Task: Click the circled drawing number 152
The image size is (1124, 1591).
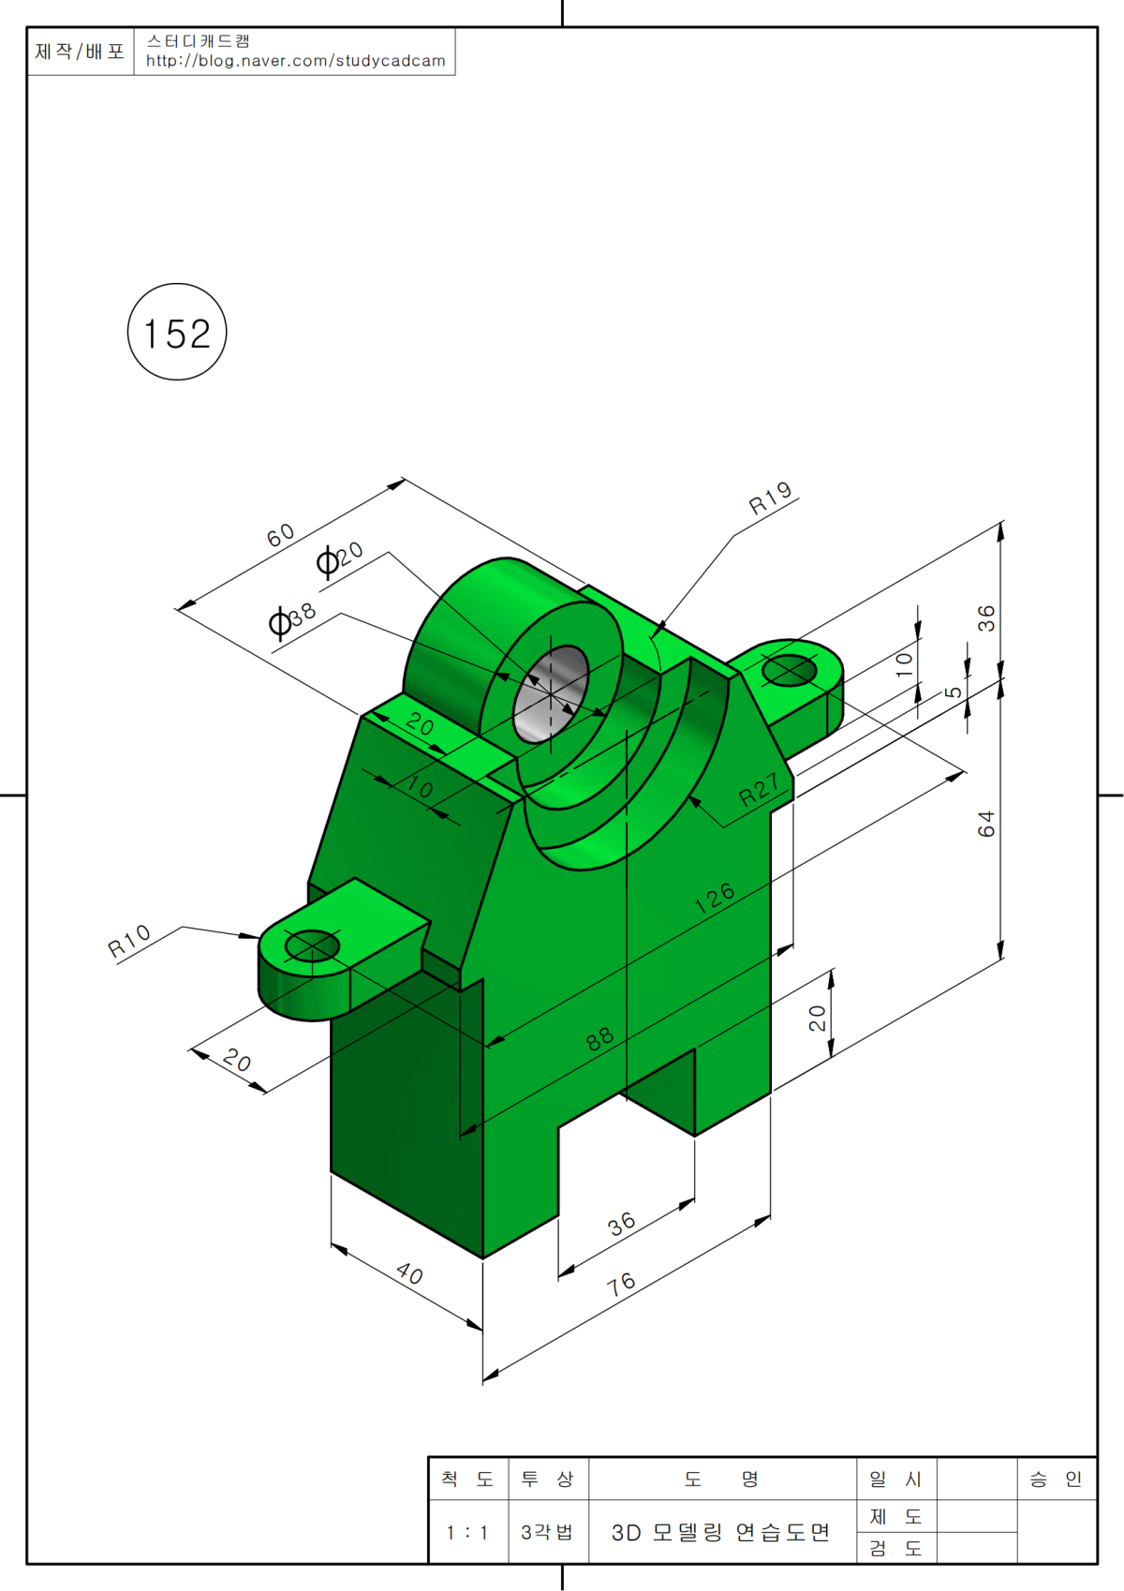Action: (177, 332)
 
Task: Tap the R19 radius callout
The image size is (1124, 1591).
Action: (770, 498)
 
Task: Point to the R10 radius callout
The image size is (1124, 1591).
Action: (128, 941)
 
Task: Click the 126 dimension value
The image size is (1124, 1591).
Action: (715, 898)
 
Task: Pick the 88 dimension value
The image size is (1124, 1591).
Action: (600, 1039)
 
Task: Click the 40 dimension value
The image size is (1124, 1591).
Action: (409, 1273)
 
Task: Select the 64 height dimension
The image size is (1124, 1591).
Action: (986, 824)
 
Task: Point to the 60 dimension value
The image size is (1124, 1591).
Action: (280, 534)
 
